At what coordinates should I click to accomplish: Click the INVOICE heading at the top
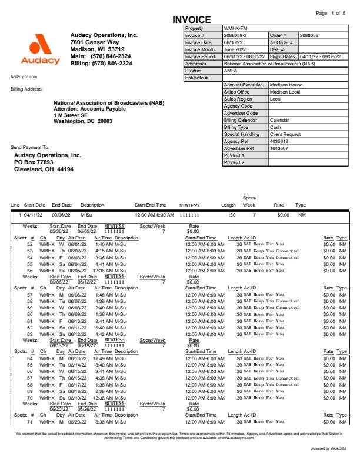click(x=191, y=20)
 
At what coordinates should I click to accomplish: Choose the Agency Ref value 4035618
click(x=279, y=141)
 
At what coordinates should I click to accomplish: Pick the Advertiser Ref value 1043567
click(x=279, y=148)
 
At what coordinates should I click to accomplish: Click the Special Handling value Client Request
click(x=285, y=134)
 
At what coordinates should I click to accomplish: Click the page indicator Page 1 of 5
click(x=331, y=12)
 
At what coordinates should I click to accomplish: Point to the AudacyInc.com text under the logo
click(x=24, y=76)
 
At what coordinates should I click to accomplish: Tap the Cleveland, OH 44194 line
click(x=44, y=169)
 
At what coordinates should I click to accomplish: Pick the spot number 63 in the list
click(x=30, y=334)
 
